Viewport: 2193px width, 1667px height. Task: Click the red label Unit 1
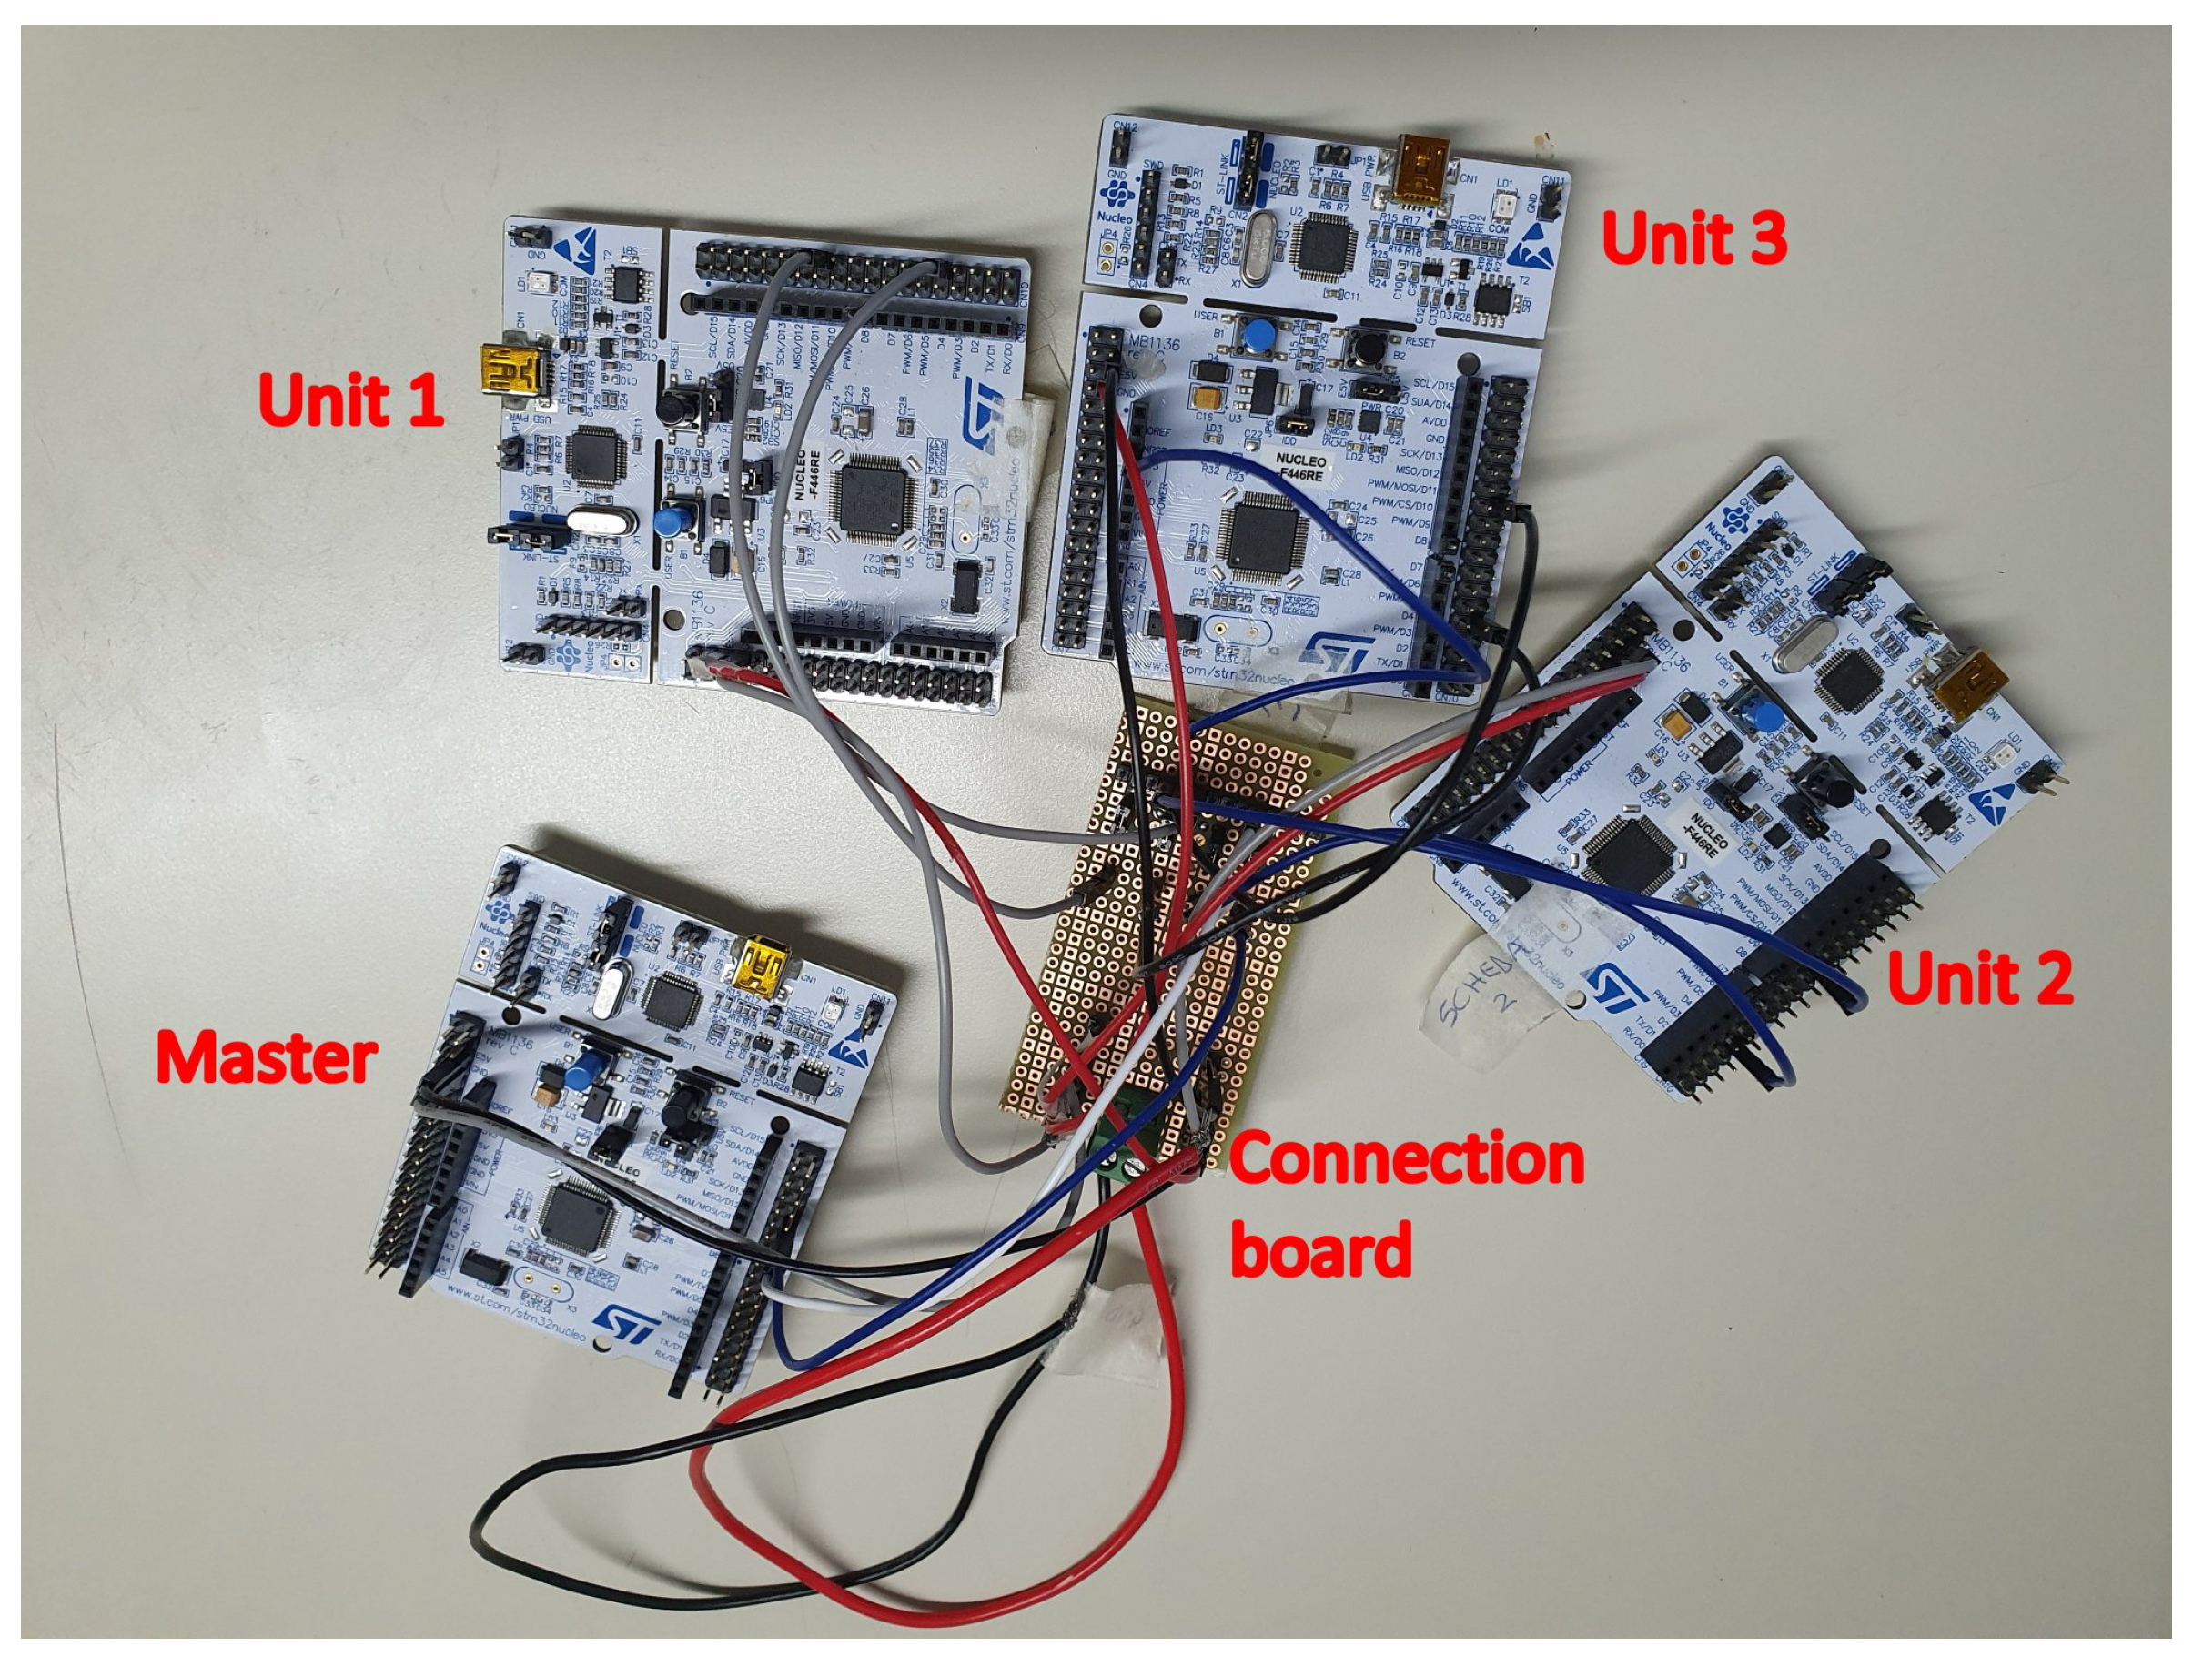[349, 399]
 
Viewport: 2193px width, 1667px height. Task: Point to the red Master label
[266, 1057]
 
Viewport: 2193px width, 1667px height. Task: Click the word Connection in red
[1406, 1158]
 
